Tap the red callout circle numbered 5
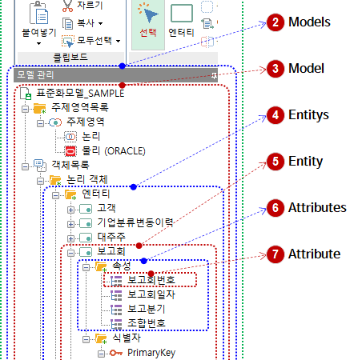(276, 161)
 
